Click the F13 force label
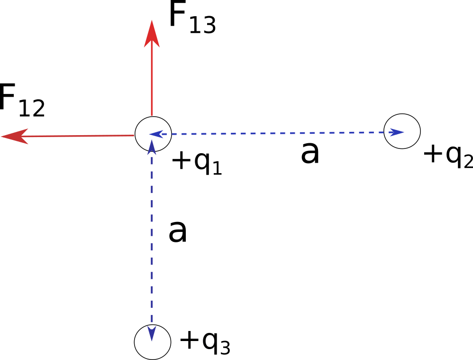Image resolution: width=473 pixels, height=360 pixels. pos(191,20)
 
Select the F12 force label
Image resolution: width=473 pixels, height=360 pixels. pos(22,101)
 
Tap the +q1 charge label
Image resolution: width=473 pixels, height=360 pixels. pos(197,162)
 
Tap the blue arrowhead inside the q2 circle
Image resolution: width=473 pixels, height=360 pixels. pos(397,132)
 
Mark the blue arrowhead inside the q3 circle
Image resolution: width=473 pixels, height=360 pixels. pos(152,333)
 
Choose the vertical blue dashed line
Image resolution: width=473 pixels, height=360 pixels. pos(152,237)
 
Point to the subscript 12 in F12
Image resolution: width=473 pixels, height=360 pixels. pos(32,109)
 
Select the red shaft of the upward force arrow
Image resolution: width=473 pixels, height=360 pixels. pos(151,81)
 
